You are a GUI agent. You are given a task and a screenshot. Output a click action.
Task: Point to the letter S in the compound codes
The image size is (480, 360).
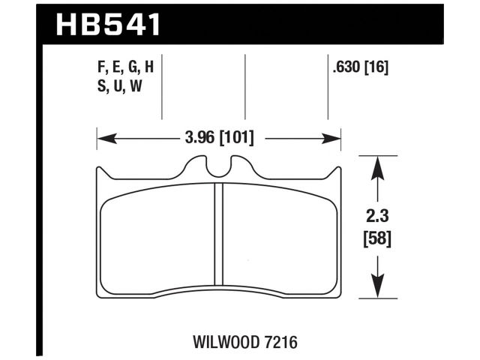tap(101, 85)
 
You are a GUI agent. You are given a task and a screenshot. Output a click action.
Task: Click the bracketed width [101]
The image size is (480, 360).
tap(236, 138)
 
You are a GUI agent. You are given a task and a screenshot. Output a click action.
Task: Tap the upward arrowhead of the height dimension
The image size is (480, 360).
tap(378, 166)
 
